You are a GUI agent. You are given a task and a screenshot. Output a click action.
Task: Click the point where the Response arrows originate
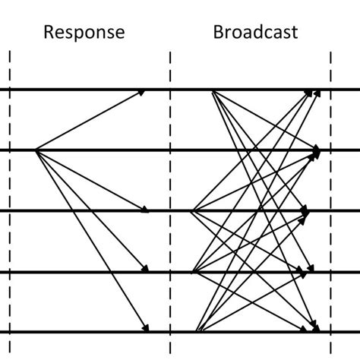(x=36, y=150)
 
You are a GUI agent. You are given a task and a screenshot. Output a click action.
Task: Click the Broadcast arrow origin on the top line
(x=213, y=91)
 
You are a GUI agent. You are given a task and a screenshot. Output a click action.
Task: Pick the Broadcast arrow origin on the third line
(x=194, y=210)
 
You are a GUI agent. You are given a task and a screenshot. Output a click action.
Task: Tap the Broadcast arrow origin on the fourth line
(x=194, y=270)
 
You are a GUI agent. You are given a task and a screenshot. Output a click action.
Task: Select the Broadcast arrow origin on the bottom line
(x=197, y=330)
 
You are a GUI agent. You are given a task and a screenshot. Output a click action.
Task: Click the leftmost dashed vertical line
(x=9, y=228)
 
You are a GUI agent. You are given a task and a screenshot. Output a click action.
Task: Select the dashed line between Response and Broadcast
(x=170, y=228)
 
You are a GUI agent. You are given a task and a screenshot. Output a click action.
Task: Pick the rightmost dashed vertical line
(x=331, y=228)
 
